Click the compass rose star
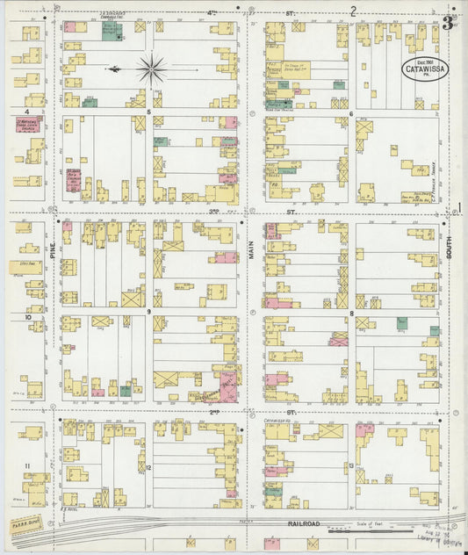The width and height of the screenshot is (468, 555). click(153, 68)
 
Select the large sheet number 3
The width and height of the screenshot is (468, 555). click(448, 23)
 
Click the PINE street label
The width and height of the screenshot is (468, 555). click(53, 250)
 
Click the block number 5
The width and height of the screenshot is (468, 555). click(149, 112)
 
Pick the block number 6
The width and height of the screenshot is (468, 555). click(350, 113)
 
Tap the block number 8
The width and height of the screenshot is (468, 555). click(351, 312)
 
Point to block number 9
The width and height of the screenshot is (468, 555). click(149, 312)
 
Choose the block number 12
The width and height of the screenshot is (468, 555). click(149, 466)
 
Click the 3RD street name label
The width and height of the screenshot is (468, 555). click(214, 212)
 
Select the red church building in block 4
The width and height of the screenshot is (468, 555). click(29, 126)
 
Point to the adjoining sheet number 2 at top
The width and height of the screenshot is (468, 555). click(353, 11)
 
